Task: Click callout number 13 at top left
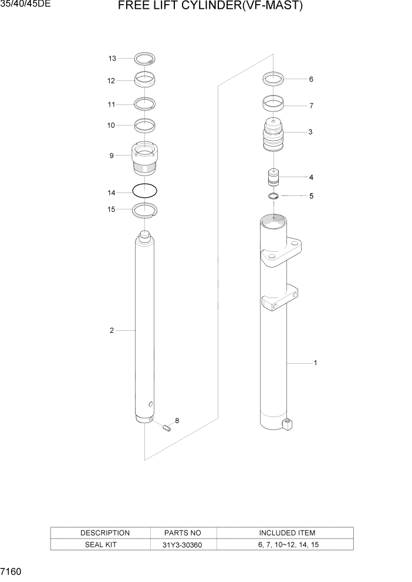[112, 58]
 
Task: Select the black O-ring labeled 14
[145, 191]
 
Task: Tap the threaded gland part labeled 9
[144, 160]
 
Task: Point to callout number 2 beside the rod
[112, 331]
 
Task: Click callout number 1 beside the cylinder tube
[315, 363]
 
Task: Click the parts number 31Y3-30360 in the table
[183, 544]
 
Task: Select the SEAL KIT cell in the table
[105, 544]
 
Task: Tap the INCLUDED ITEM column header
[287, 533]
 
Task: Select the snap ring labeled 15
[145, 209]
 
